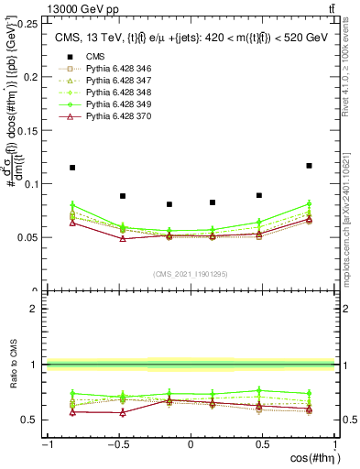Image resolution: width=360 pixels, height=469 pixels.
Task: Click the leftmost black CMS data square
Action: click(x=72, y=168)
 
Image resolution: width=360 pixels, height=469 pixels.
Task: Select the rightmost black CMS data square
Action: click(x=309, y=166)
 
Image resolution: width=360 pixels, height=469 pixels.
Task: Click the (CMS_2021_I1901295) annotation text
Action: click(x=191, y=274)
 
